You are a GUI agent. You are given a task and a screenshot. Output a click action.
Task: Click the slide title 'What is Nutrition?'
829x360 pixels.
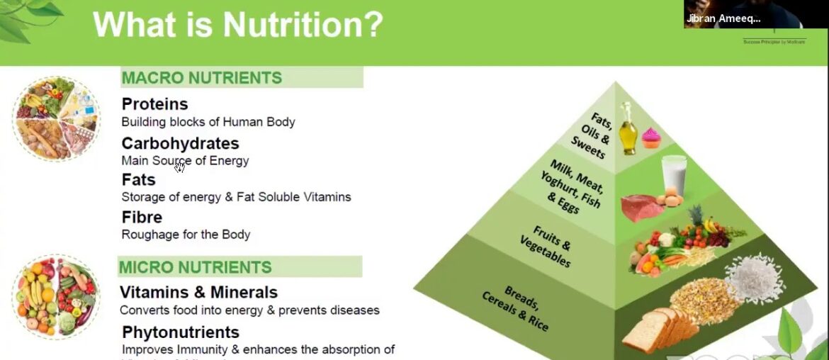point(237,24)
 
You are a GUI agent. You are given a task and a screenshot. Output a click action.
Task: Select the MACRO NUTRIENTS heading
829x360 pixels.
point(202,78)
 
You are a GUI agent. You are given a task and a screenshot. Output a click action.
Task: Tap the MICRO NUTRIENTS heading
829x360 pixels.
point(196,267)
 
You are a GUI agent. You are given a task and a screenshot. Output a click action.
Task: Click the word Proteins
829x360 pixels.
point(154,104)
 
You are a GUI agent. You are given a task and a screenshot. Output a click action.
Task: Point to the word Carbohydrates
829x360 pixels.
point(180,143)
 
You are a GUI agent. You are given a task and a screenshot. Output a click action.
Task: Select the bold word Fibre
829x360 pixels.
point(142,217)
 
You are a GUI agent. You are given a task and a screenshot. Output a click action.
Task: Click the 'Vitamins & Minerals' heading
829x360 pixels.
point(198,292)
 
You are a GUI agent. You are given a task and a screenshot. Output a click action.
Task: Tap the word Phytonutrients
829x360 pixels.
point(181,332)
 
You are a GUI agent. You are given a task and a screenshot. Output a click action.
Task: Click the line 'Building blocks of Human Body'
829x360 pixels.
point(208,122)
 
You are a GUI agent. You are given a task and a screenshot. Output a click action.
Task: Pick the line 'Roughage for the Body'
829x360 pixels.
point(186,235)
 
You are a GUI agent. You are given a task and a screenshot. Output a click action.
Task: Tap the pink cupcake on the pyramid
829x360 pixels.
point(650,137)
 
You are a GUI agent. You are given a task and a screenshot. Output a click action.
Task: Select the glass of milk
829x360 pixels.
point(673,176)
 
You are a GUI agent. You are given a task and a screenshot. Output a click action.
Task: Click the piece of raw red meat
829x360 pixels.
point(642,208)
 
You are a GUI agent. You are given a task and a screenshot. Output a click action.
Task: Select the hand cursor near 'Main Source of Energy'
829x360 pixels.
point(179,167)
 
